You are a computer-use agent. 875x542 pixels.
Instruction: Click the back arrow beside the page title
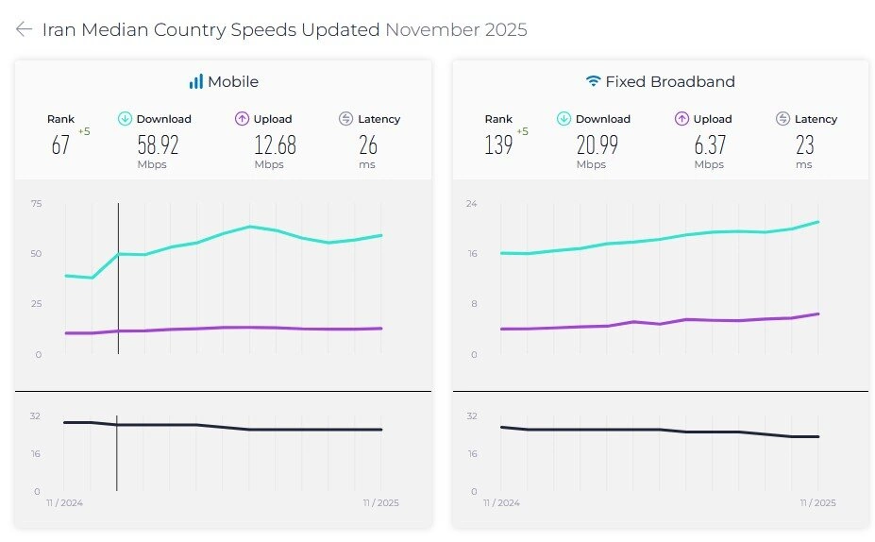(x=24, y=29)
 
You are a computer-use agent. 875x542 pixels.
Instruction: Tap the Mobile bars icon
(x=196, y=82)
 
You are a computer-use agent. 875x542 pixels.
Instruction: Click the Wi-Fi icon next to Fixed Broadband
(x=593, y=82)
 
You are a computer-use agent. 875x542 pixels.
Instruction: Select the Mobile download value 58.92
(x=158, y=144)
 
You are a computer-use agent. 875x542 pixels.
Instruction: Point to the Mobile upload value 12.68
(x=275, y=144)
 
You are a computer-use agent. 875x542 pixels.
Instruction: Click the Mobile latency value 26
(x=368, y=144)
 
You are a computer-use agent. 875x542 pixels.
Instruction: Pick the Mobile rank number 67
(x=60, y=144)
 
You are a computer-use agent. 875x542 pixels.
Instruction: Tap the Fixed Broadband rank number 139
(x=498, y=144)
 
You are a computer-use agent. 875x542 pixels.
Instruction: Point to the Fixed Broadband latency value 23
(x=804, y=144)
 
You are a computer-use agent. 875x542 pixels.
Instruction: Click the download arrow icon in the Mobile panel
(x=125, y=119)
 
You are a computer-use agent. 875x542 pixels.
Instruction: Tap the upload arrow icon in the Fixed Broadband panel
(x=681, y=119)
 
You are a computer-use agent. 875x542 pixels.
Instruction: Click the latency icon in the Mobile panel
(x=345, y=119)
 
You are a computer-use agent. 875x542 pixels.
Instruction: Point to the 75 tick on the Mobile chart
(x=36, y=203)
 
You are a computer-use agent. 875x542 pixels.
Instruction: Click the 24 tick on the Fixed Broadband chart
(x=471, y=203)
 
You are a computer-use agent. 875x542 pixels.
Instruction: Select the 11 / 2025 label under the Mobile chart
(x=380, y=503)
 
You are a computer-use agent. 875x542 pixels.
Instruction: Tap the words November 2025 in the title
(x=456, y=29)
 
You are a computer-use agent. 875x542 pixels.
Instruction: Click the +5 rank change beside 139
(x=522, y=131)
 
